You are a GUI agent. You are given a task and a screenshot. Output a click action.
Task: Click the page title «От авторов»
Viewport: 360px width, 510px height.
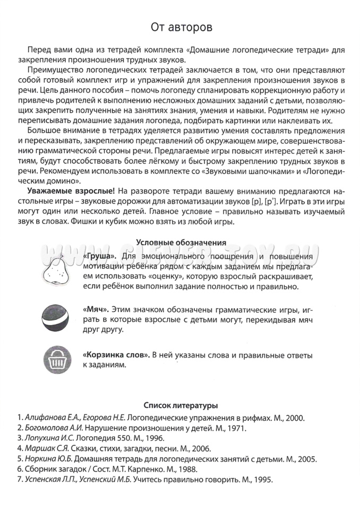(x=181, y=26)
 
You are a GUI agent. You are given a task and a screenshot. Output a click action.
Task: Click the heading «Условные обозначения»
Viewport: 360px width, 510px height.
(x=181, y=243)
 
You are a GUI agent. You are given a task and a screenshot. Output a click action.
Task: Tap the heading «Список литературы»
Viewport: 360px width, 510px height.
(x=181, y=405)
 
